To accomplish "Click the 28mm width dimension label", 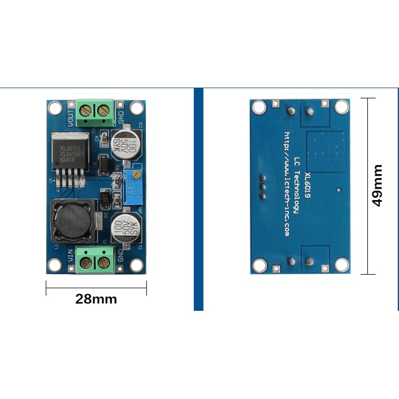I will click(x=96, y=299).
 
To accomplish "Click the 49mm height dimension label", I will click(x=377, y=185).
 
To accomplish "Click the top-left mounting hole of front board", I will click(x=54, y=107).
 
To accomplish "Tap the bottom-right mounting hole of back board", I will click(x=341, y=264).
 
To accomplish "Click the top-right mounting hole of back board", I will click(x=341, y=107).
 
